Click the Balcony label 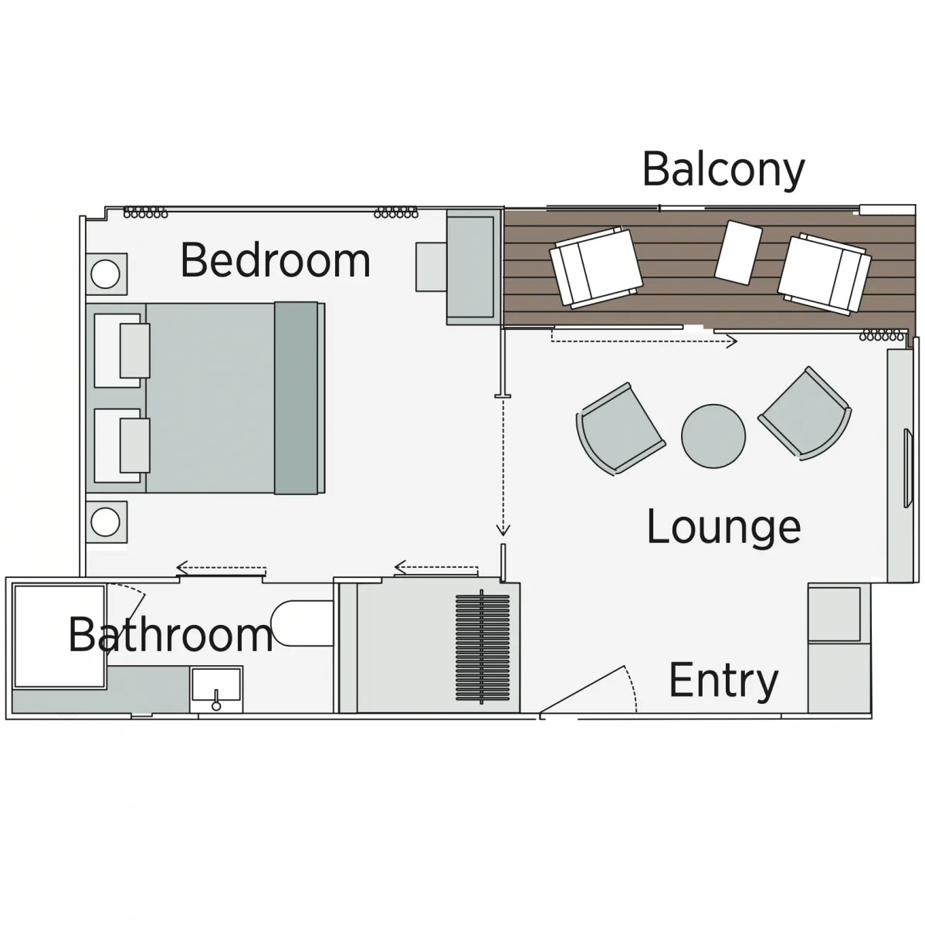(723, 171)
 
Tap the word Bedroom (276, 260)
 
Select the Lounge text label (723, 528)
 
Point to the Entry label (723, 681)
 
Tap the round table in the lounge (713, 436)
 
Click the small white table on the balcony (738, 252)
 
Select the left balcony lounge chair (596, 267)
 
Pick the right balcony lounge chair (824, 273)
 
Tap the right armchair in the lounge (805, 414)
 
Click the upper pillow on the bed (134, 350)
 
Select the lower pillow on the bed (134, 445)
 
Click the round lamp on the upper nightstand (105, 273)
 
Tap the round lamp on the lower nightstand (105, 522)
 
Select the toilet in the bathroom (302, 623)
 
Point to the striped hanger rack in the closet (482, 647)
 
